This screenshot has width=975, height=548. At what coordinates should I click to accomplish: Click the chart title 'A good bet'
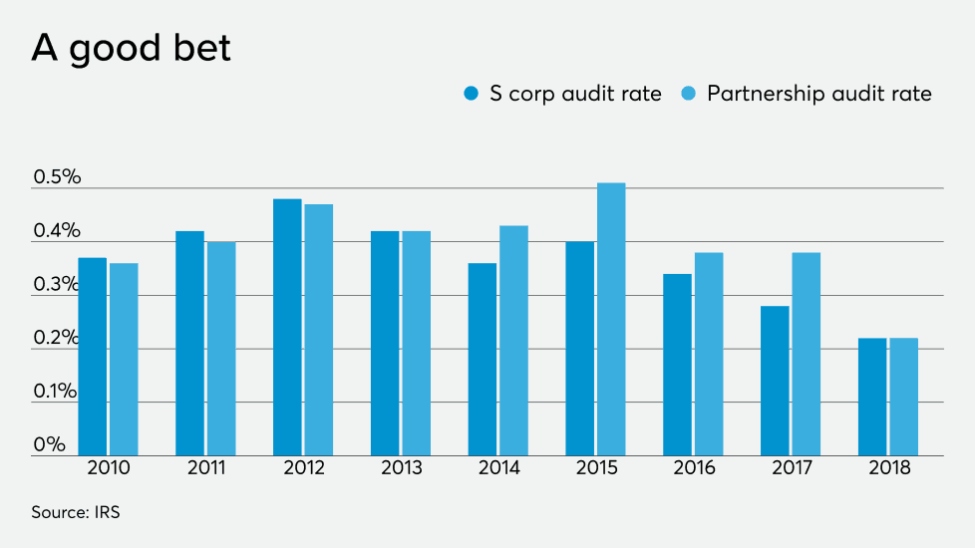coord(131,48)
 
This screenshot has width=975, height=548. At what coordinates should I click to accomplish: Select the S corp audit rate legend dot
coord(472,94)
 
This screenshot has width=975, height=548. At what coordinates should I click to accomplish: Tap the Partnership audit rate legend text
coord(818,94)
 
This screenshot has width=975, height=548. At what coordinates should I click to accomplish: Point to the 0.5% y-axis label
coord(57,177)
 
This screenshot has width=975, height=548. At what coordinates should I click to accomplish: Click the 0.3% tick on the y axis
coord(57,285)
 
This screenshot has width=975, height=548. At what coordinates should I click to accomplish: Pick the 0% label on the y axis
coord(49,444)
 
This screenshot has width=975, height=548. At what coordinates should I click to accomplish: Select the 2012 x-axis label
coord(303,468)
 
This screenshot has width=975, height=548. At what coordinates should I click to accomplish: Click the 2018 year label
coord(888,468)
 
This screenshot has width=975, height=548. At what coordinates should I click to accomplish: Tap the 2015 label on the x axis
coord(595,468)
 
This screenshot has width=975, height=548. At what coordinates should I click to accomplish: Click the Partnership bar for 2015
coord(611,319)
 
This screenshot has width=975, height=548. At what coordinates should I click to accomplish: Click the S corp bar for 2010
coord(93,356)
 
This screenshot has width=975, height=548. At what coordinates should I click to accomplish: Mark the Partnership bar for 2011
coord(221,348)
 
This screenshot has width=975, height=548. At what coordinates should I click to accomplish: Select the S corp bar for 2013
coord(385,343)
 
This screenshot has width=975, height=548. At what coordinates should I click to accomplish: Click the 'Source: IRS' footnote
coord(76,512)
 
